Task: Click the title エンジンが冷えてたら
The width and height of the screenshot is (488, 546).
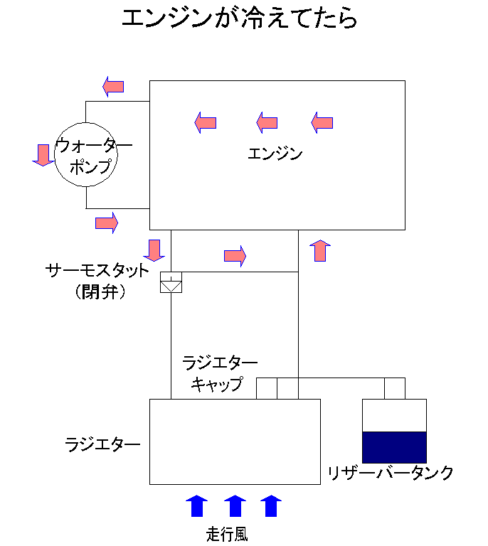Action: pos(239,18)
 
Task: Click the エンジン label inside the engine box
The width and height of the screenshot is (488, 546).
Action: pos(275,154)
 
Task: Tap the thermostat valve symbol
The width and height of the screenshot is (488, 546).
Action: pos(171,282)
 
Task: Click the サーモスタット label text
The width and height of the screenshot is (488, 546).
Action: pos(97,271)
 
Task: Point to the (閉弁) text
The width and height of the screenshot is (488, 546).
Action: pos(100,291)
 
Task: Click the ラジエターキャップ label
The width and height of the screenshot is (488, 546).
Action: pos(219,374)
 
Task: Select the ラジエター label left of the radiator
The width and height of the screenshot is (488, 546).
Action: pos(102,444)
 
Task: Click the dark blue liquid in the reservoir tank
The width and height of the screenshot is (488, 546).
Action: pos(394,447)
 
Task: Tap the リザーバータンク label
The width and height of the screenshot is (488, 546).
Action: pos(390,473)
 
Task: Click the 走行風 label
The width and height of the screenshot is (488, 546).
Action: pos(227,534)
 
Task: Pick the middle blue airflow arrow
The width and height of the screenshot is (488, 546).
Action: pos(235,505)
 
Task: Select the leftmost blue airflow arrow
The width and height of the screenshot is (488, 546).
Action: pos(197,505)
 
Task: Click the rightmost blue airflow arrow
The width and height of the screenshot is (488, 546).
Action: pos(271,505)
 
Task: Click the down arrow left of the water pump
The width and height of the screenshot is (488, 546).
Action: pos(43,155)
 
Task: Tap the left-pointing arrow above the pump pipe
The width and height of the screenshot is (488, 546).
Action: pos(113,86)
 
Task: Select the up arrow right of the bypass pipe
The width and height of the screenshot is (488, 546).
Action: pos(320,250)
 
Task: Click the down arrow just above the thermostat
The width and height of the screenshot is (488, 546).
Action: pos(154,250)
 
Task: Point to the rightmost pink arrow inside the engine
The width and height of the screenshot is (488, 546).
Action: pos(322,122)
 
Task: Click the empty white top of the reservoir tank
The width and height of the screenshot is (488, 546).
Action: pos(394,415)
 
